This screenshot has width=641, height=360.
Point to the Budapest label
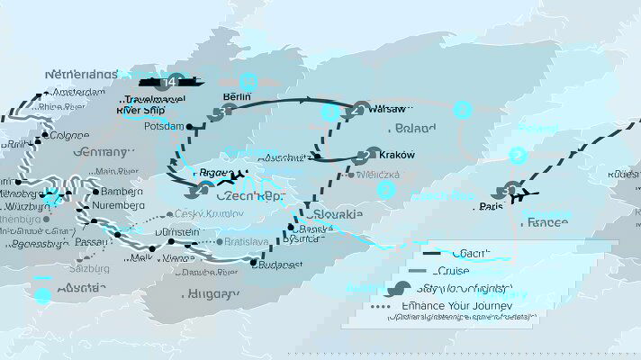(279, 265)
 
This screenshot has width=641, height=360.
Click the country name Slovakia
(334, 214)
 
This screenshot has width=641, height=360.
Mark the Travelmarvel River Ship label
(142, 104)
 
